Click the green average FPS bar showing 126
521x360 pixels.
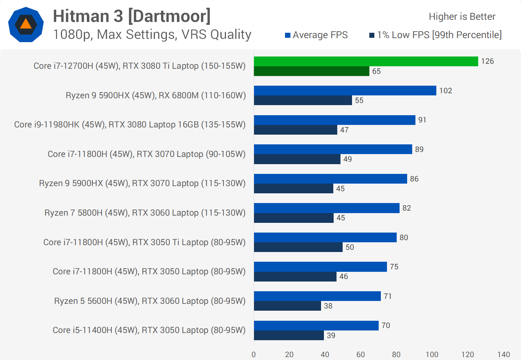(366, 61)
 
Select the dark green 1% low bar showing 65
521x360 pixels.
(312, 71)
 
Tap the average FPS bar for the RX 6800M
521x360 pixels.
(345, 90)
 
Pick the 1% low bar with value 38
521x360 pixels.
(287, 306)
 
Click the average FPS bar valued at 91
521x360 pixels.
(334, 120)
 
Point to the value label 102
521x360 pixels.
(446, 91)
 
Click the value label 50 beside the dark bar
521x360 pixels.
(350, 247)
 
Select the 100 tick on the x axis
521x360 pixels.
(432, 355)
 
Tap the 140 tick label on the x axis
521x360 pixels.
(503, 355)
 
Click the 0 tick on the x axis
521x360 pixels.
(254, 355)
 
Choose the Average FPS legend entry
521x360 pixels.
(316, 35)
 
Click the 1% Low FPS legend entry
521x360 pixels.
(435, 35)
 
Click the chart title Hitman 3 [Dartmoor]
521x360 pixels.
(132, 16)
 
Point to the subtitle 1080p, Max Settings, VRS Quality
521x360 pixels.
(152, 35)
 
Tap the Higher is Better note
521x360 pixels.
(462, 17)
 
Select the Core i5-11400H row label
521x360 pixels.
(149, 330)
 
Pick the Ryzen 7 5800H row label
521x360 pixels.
(145, 213)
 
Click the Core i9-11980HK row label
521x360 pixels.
(130, 125)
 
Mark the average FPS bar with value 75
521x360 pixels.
(320, 267)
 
